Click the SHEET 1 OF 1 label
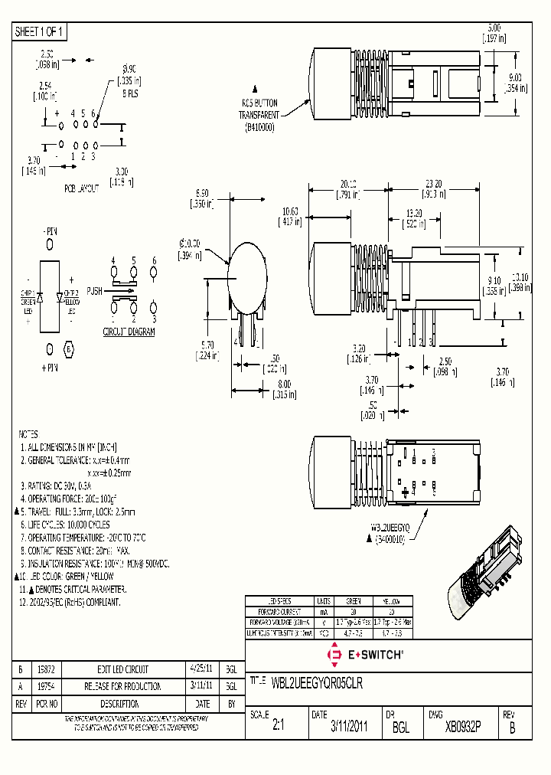40,32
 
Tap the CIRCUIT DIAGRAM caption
129,332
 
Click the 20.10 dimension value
348,185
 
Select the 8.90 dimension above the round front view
203,193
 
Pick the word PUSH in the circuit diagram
95,291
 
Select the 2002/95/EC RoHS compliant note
70,603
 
